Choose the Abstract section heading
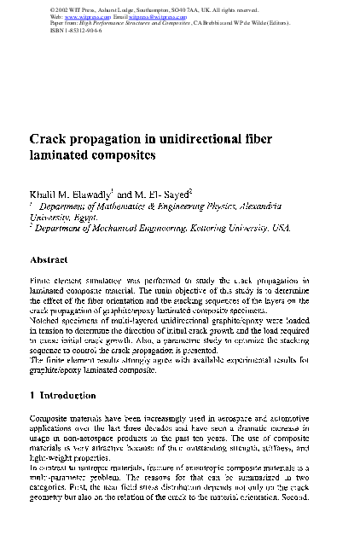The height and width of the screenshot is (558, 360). [55, 259]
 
